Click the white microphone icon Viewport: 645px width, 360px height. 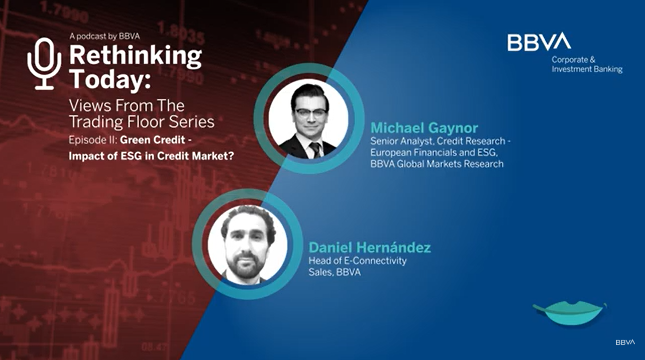(44, 63)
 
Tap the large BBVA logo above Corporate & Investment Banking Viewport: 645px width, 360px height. (539, 42)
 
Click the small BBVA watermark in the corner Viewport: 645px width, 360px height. (625, 342)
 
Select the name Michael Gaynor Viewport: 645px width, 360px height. (424, 128)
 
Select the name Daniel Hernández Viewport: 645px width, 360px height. (370, 247)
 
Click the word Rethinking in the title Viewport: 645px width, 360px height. (135, 55)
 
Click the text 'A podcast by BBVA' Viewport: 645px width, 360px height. (105, 36)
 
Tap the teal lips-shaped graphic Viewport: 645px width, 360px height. (570, 313)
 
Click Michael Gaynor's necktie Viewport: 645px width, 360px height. (315, 149)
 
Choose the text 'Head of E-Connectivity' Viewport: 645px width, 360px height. (358, 261)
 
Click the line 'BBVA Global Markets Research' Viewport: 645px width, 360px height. (437, 164)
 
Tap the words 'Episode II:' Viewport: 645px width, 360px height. (93, 140)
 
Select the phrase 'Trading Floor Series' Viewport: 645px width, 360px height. (142, 122)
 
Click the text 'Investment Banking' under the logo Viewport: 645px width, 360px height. (587, 70)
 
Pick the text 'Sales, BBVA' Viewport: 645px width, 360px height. (335, 272)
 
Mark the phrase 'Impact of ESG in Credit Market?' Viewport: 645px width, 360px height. (151, 156)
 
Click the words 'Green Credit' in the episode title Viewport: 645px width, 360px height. (152, 140)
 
